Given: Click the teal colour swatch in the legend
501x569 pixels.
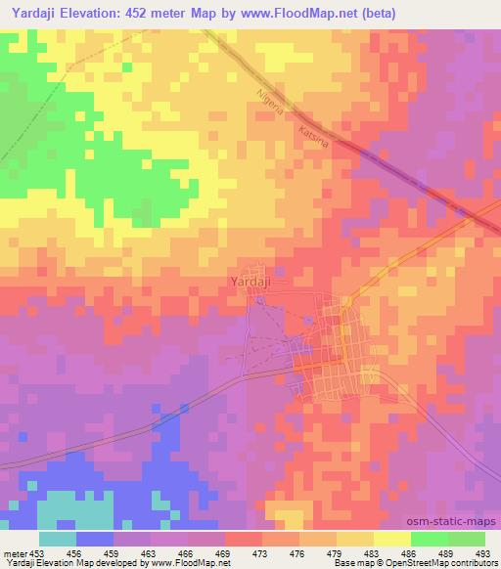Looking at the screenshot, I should tap(58, 540).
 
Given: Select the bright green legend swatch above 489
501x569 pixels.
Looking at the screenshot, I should tap(431, 540).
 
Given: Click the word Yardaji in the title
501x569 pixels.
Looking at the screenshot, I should tap(33, 13).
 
